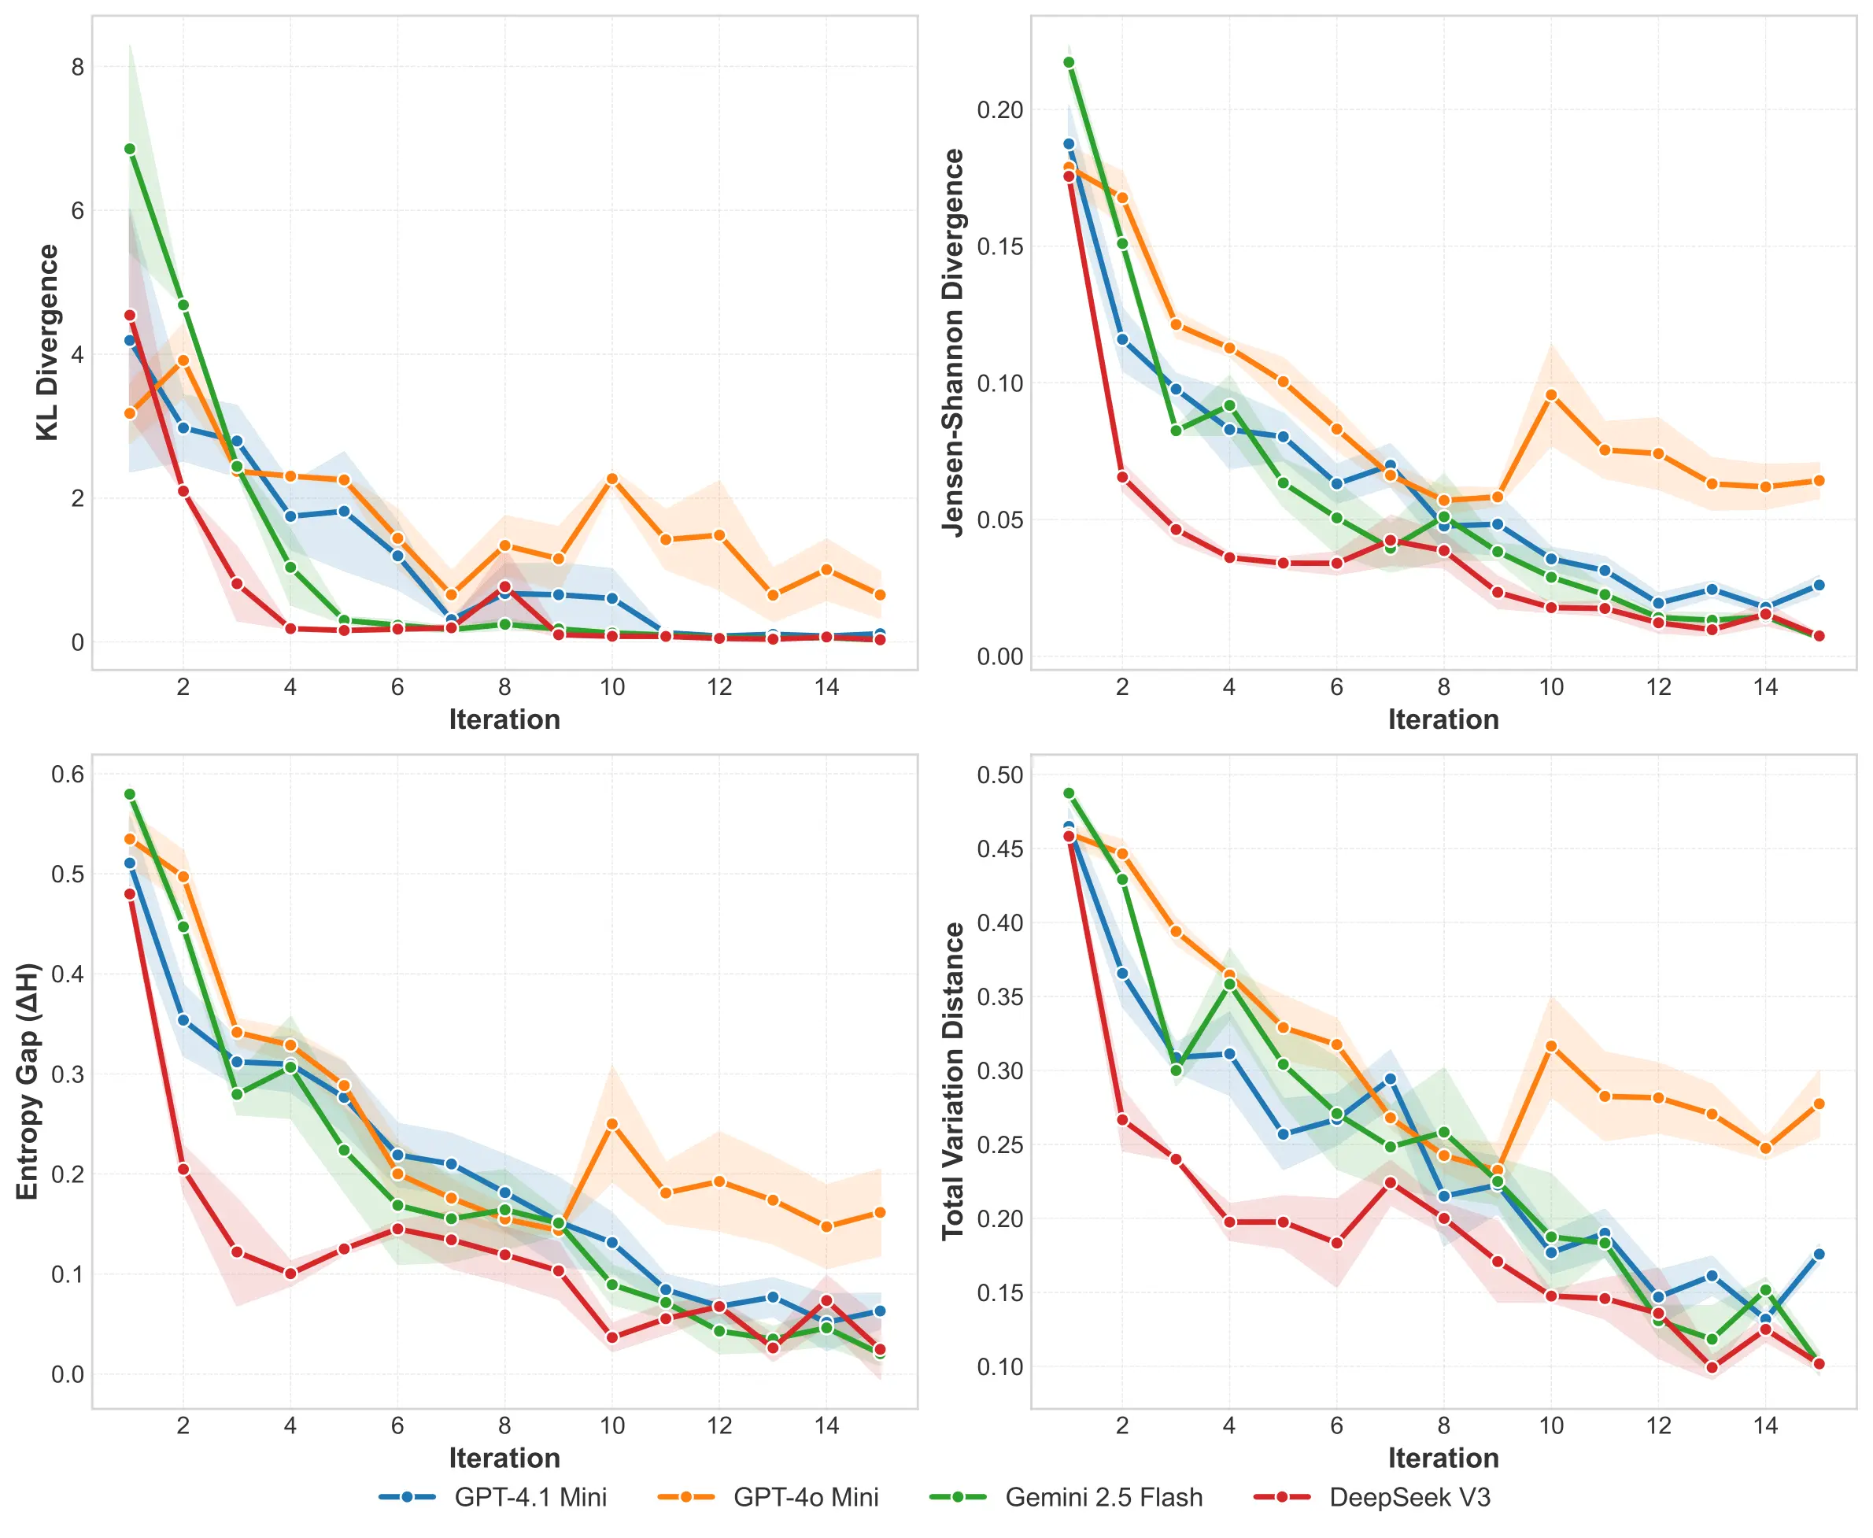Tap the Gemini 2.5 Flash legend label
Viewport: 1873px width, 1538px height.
(1103, 1497)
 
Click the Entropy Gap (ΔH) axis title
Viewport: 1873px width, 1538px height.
(28, 1081)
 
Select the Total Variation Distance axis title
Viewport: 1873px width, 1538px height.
(953, 1081)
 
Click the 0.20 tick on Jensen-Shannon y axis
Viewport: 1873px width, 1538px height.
(999, 110)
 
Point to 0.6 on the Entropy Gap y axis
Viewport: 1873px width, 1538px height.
(68, 775)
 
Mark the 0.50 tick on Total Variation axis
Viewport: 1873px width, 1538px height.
(999, 775)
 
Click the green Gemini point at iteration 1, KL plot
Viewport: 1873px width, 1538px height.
(130, 149)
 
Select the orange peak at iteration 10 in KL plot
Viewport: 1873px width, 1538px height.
(612, 479)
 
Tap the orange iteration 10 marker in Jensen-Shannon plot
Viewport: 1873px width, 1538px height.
(1550, 395)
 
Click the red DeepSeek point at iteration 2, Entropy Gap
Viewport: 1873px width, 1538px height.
(183, 1170)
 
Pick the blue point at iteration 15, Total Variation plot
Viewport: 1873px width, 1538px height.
(1819, 1255)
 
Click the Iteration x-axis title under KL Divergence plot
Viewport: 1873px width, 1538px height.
(504, 719)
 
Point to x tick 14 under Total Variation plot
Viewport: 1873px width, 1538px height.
(1765, 1425)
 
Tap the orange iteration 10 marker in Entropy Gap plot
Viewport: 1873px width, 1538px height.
(612, 1124)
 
